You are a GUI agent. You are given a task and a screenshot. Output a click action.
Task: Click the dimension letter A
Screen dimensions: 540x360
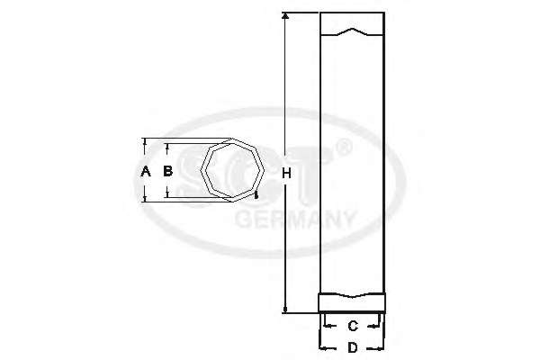pyautogui.click(x=146, y=171)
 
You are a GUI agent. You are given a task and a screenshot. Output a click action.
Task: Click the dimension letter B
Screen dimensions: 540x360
pyautogui.click(x=167, y=171)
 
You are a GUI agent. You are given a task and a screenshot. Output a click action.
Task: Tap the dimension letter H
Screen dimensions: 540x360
pyautogui.click(x=286, y=174)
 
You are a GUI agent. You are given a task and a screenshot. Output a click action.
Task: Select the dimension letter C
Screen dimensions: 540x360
pyautogui.click(x=353, y=326)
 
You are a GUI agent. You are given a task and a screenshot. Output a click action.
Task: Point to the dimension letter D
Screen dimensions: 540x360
pyautogui.click(x=353, y=348)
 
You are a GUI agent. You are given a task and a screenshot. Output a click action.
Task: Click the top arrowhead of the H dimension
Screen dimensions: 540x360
pyautogui.click(x=285, y=16)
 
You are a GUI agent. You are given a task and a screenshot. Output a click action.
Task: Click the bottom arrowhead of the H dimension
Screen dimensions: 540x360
pyautogui.click(x=285, y=310)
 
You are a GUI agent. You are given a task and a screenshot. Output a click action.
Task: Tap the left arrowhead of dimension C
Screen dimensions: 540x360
pyautogui.click(x=328, y=326)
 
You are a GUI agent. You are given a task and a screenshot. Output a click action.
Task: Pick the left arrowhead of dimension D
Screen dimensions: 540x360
pyautogui.click(x=323, y=348)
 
